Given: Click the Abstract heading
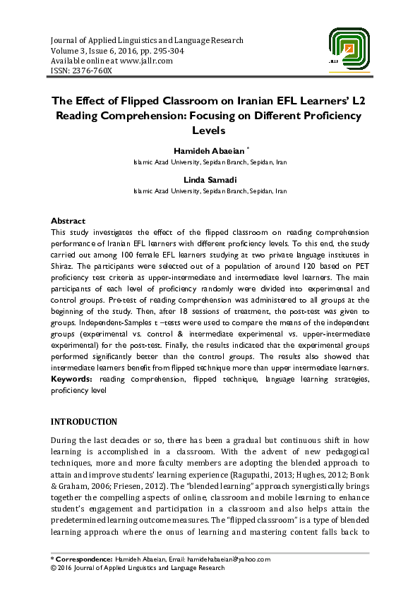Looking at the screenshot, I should click(x=68, y=221).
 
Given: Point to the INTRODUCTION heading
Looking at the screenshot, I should click(x=84, y=422).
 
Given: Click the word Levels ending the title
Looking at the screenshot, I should click(x=210, y=131).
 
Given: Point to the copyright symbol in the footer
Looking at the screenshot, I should click(x=54, y=567).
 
